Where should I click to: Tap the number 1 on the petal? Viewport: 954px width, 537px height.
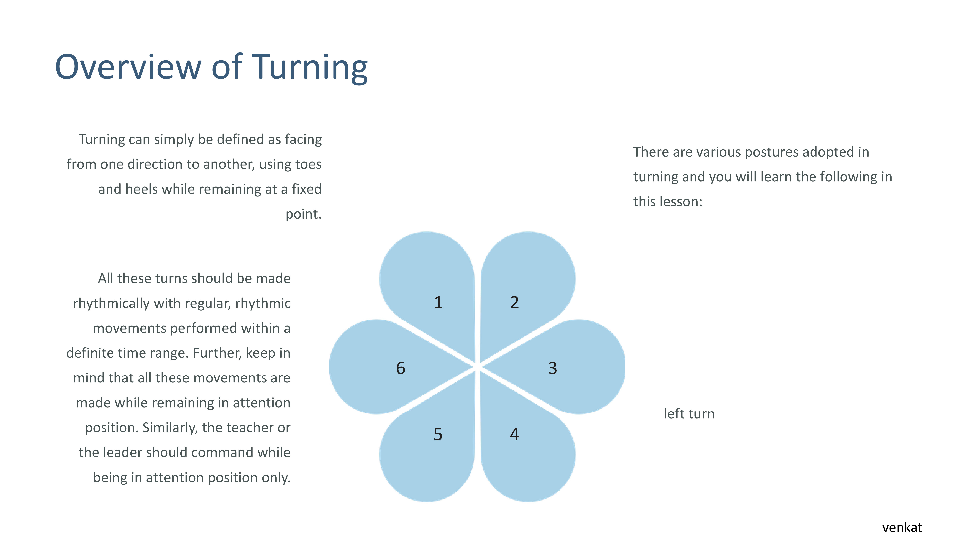click(x=438, y=302)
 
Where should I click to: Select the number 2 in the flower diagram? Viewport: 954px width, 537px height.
click(x=514, y=302)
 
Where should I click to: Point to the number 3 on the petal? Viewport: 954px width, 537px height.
click(x=553, y=368)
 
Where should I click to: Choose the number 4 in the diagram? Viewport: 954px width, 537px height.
click(x=514, y=434)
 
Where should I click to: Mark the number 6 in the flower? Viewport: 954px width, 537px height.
click(x=401, y=368)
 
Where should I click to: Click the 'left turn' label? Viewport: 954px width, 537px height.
click(x=689, y=414)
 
